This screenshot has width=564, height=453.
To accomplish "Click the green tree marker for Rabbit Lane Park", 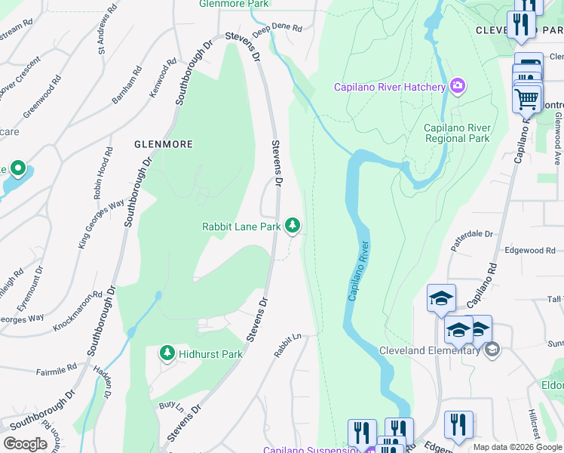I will pos(293,226).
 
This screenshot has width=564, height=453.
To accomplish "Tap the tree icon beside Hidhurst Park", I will pos(167,353).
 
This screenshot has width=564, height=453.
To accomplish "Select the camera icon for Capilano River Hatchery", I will pos(457,87).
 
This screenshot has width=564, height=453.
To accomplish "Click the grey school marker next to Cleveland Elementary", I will pos(492,350).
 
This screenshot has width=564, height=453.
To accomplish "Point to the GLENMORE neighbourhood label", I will pos(164,143).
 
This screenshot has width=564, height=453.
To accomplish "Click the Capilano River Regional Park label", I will pos(457,133).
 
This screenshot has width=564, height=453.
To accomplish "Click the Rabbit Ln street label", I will pos(287,345).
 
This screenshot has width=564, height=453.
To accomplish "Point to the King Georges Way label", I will pos(101,224).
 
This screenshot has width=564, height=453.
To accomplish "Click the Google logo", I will pos(26,444).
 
